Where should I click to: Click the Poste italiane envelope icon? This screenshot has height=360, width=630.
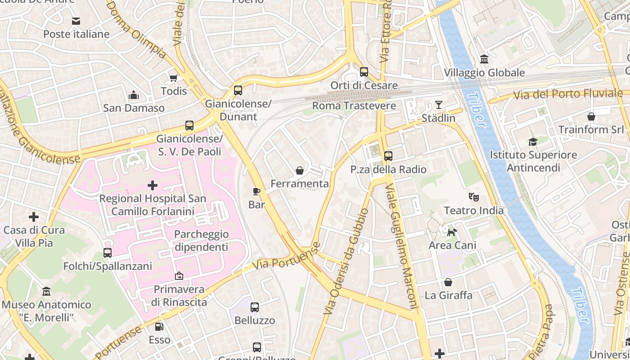click(76, 21)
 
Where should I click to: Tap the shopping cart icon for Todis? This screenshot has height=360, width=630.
click(174, 78)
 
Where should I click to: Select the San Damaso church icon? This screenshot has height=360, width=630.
click(134, 95)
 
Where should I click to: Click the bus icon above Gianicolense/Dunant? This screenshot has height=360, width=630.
click(238, 90)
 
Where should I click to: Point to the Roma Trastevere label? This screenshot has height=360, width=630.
click(354, 106)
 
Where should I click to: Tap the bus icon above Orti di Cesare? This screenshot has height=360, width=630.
click(364, 72)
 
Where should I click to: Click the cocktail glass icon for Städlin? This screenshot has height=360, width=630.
click(438, 105)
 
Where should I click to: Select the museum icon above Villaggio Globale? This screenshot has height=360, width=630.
click(484, 59)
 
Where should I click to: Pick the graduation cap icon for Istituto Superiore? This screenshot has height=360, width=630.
click(533, 142)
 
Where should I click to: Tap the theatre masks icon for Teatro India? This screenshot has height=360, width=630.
click(473, 197)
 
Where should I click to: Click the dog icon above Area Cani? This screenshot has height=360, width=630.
click(452, 232)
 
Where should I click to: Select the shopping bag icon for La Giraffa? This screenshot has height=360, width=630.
click(448, 282)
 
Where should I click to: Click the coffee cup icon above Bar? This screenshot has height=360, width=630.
click(256, 192)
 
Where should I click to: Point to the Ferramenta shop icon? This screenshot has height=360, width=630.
click(300, 171)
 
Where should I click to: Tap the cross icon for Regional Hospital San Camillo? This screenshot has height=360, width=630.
click(153, 185)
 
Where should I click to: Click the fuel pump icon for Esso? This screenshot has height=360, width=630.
click(159, 326)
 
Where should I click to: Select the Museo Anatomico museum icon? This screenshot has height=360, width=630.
click(46, 292)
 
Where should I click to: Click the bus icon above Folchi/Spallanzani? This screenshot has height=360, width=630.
click(107, 253)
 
